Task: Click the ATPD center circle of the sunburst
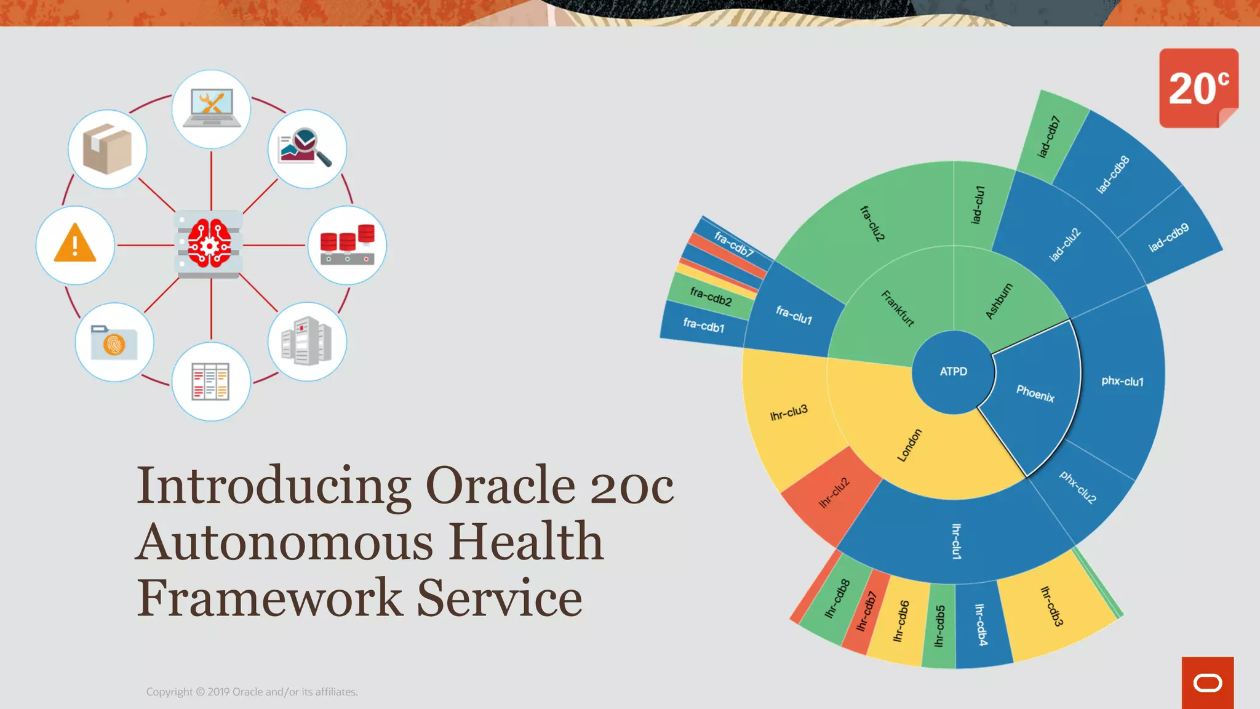[x=953, y=372]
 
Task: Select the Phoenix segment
[x=1035, y=393]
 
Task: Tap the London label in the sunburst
[x=909, y=445]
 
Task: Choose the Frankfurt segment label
[x=898, y=308]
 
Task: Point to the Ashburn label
[x=999, y=301]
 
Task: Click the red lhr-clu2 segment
[x=834, y=493]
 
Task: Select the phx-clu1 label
[x=1122, y=382]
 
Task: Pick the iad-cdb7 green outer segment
[x=1048, y=137]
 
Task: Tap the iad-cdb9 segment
[x=1168, y=237]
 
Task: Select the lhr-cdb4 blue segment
[x=981, y=625]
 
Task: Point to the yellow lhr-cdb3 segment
[x=1052, y=606]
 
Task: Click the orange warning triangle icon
[x=75, y=244]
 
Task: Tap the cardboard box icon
[x=107, y=149]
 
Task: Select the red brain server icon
[x=209, y=244]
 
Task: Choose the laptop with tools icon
[x=211, y=108]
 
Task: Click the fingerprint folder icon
[x=114, y=342]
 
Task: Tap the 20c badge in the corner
[x=1198, y=88]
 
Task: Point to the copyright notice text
[x=252, y=692]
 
